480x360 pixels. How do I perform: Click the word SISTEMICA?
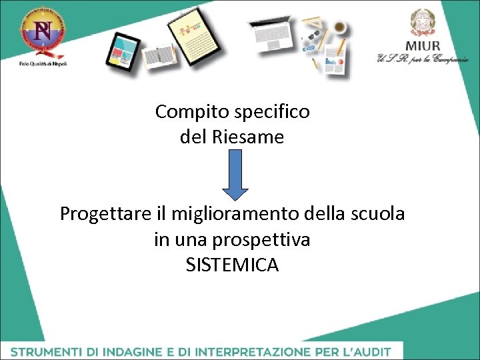pyautogui.click(x=232, y=265)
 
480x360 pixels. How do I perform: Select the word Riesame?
pyautogui.click(x=249, y=137)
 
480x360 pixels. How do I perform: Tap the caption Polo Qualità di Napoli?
pyautogui.click(x=43, y=63)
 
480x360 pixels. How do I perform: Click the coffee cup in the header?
pyautogui.click(x=339, y=27)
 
